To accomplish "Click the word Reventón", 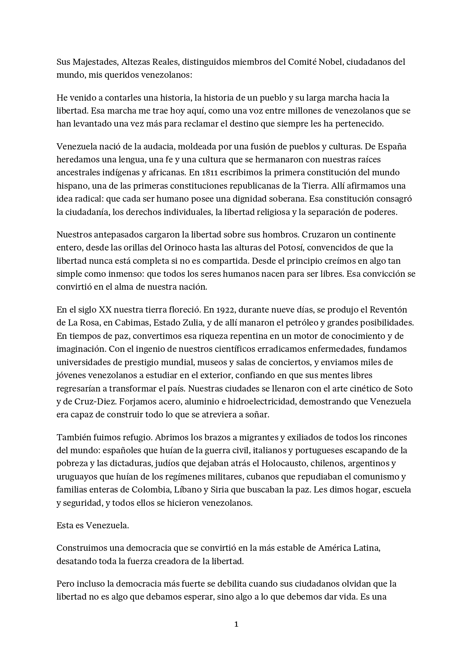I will click(394, 310).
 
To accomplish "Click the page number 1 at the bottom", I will click(236, 624).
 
